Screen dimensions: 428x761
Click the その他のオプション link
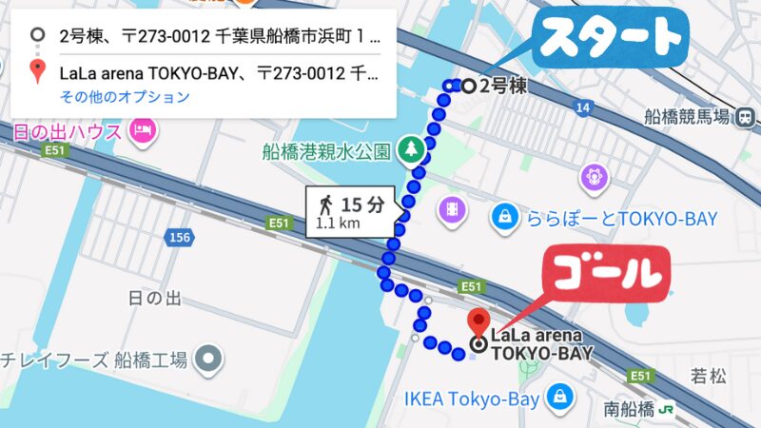tap(125, 96)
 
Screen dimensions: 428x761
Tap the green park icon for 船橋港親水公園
tap(411, 148)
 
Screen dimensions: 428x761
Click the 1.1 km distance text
tap(338, 224)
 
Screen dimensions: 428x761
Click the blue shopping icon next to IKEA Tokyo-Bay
tap(561, 395)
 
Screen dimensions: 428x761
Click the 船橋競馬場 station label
tap(686, 117)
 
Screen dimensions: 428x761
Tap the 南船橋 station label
tap(629, 410)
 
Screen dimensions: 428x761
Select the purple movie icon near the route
tap(449, 207)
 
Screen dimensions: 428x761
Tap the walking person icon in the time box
tap(326, 204)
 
